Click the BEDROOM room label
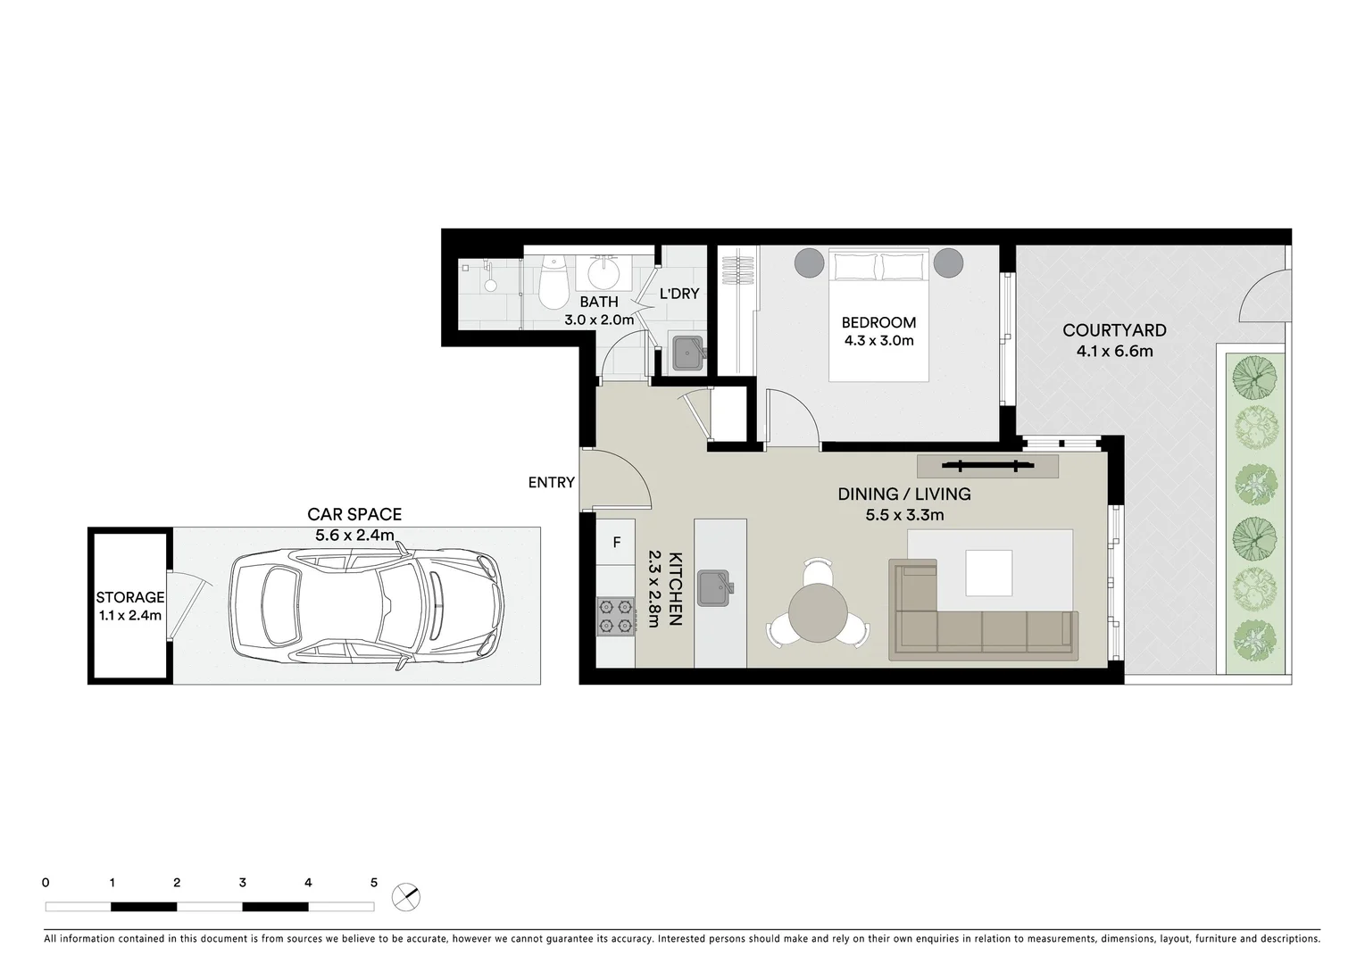pos(878,322)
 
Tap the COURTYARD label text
pos(1113,330)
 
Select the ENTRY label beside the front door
pos(551,482)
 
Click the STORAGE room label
pos(130,597)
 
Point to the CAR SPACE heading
pos(354,514)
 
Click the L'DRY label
pos(678,293)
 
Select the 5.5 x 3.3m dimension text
pos(903,515)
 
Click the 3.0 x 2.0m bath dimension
pos(598,320)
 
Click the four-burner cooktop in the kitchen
pos(615,617)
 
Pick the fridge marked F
pos(616,542)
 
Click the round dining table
pos(817,615)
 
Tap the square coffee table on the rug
pos(987,572)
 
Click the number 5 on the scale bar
pos(374,883)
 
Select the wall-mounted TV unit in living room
pos(986,465)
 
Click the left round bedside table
pos(810,262)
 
